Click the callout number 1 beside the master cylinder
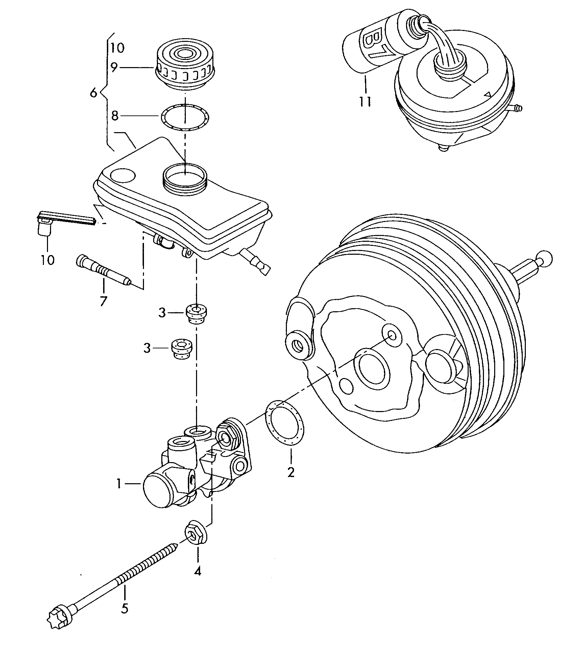(119, 483)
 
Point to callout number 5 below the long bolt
(125, 608)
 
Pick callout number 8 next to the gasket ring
(115, 116)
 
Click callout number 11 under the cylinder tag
(365, 101)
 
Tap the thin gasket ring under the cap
(185, 117)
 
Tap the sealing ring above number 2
(284, 423)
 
